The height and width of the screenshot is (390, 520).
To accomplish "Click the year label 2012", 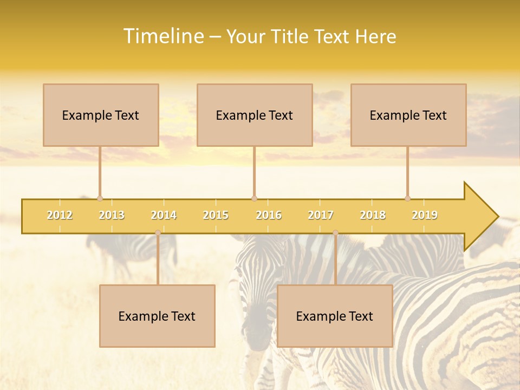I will [x=60, y=215].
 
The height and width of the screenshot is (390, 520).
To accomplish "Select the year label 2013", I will [x=112, y=215].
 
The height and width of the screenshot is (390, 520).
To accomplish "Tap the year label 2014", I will [x=164, y=215].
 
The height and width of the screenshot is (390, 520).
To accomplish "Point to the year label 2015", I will [x=216, y=215].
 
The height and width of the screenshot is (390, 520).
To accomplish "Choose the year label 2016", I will [x=269, y=215].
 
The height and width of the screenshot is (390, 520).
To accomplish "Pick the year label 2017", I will [x=321, y=215].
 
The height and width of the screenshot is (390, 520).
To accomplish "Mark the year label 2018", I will [x=373, y=215].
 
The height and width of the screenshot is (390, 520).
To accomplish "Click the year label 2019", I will [x=425, y=215].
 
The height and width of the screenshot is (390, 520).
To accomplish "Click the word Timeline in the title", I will [x=163, y=36].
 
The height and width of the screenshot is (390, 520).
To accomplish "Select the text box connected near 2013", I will [x=101, y=115].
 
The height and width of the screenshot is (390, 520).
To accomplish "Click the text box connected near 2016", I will [x=255, y=115].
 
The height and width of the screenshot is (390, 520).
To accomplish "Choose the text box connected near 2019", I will [x=408, y=115].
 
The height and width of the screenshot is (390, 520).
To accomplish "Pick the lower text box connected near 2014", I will [x=157, y=316].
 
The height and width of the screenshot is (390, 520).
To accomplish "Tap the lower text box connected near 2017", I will [x=335, y=316].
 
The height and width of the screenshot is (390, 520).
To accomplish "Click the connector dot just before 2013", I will [x=100, y=198].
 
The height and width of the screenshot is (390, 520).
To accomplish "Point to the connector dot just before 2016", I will [x=254, y=198].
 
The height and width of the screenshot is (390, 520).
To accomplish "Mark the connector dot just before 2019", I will [x=407, y=198].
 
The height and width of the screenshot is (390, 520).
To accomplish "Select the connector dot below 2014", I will [x=158, y=233].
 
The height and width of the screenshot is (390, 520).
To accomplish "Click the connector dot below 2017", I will [x=335, y=233].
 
